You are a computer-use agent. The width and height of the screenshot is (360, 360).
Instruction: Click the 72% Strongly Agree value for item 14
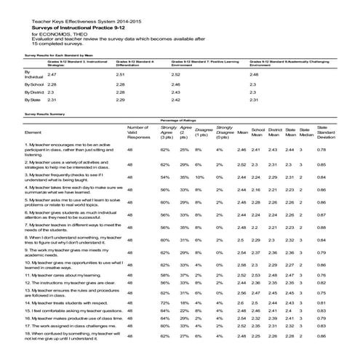pyautogui.click(x=164, y=301)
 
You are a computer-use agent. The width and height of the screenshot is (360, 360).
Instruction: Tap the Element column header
pyautogui.click(x=33, y=132)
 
